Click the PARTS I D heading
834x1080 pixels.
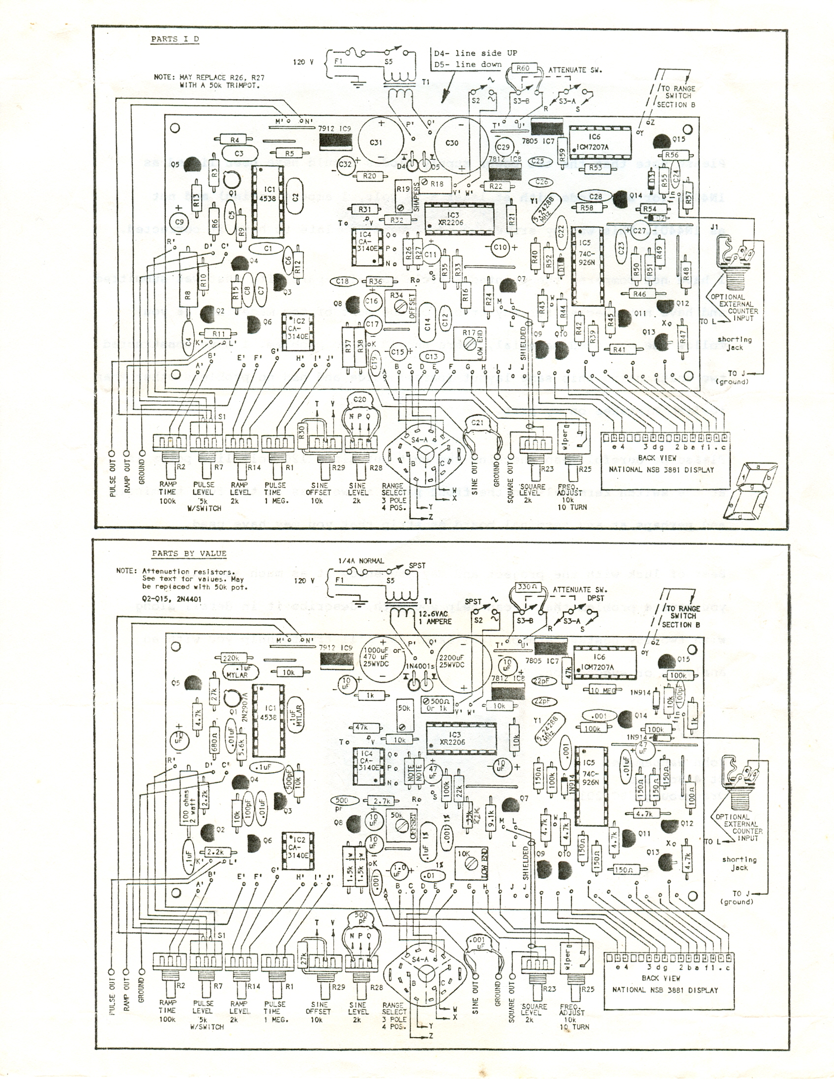[175, 39]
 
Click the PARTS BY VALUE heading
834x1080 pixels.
[189, 554]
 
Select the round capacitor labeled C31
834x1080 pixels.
[377, 143]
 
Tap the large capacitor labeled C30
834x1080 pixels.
[452, 143]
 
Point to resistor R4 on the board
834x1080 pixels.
[235, 141]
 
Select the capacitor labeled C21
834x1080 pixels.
[477, 423]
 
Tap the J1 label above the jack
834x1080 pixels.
[714, 228]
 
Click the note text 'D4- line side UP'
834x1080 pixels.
[475, 54]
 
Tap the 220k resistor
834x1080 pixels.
[232, 659]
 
